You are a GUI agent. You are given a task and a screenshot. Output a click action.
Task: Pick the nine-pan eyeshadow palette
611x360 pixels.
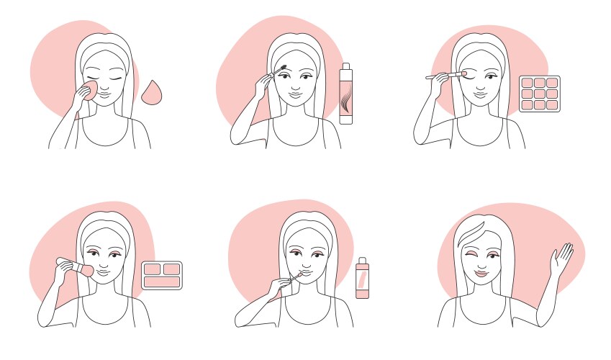point(539,94)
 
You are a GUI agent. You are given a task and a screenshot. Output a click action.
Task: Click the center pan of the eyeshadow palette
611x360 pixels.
point(539,94)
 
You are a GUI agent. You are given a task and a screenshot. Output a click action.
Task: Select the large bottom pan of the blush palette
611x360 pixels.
point(161,282)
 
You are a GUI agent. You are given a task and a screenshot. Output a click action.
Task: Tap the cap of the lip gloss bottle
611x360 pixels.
point(362,261)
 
